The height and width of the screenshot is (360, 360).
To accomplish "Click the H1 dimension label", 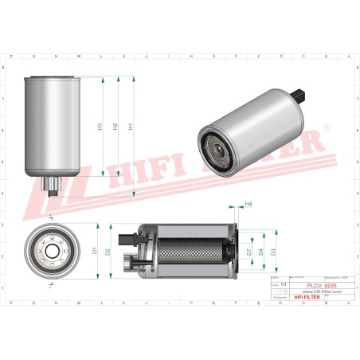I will click(x=130, y=126).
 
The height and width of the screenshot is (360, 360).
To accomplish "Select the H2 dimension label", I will click(x=115, y=126).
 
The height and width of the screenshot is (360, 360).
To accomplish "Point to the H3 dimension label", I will click(x=100, y=126).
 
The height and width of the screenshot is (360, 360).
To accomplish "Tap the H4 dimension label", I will click(x=248, y=205).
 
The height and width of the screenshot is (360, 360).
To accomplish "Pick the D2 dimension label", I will click(x=108, y=252).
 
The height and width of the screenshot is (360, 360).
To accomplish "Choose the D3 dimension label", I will click(x=273, y=252).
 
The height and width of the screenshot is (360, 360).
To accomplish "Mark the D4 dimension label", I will click(x=260, y=252).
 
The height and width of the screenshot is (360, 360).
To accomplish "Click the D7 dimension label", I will click(x=248, y=252).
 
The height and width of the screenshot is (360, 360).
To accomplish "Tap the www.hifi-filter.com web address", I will click(x=321, y=292).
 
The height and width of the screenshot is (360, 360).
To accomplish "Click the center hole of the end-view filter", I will click(x=53, y=252).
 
